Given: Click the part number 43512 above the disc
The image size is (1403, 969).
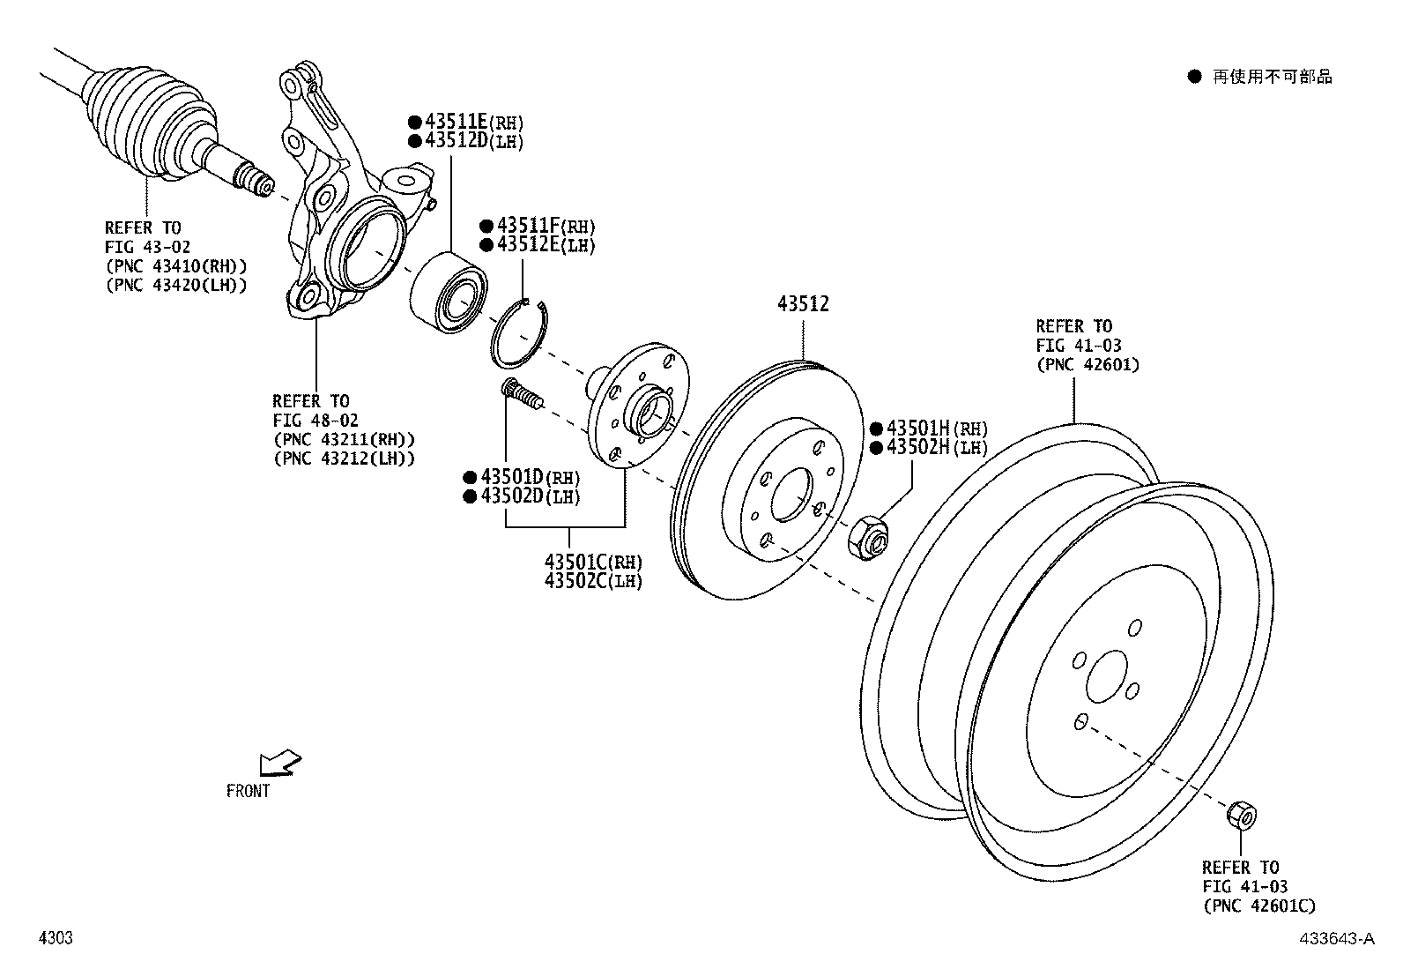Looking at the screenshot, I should tap(803, 305).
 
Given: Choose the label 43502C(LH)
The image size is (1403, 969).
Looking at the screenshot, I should tap(593, 581).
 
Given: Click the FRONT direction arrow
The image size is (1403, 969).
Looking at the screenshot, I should tap(281, 763).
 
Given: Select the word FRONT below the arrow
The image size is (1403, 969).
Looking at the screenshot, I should tap(248, 792).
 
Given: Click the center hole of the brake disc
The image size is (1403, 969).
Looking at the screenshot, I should tap(791, 495).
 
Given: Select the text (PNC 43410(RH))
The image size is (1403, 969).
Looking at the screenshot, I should tap(175, 266).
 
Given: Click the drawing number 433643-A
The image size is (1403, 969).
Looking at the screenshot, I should tap(1336, 939).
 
